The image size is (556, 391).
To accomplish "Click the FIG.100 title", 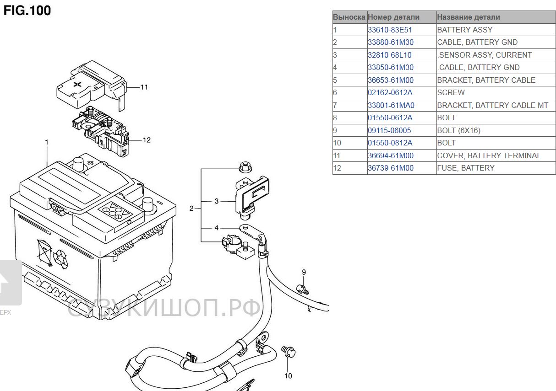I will tap(27, 10).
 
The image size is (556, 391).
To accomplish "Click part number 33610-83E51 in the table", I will tap(390, 30).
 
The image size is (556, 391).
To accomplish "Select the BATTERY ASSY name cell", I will tap(464, 30).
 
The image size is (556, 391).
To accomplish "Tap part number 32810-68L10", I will tap(389, 55).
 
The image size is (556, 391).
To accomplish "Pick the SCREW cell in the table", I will tap(451, 92).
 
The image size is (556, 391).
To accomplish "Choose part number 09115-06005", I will tap(389, 130).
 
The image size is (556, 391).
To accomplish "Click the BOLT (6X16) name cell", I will tap(458, 130).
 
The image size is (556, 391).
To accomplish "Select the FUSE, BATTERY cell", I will tap(466, 168).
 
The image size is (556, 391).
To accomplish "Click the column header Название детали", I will tap(468, 17).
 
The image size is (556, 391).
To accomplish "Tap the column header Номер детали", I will tap(393, 17).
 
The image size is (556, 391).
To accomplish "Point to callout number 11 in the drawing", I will tap(144, 87).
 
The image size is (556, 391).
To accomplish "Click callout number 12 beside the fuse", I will tap(147, 140).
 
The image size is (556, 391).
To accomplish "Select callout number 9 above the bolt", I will tap(303, 273).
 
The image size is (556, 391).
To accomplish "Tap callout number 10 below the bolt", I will tap(288, 376).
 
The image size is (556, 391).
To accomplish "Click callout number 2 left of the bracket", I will tap(192, 209).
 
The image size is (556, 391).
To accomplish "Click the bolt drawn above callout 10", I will tap(288, 351).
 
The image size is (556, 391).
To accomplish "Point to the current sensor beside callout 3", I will tap(251, 194).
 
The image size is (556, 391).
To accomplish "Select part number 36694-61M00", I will tap(390, 155).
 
